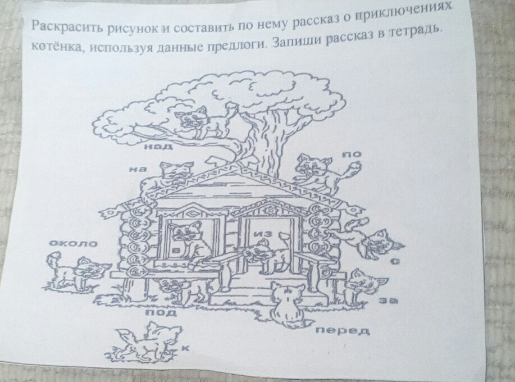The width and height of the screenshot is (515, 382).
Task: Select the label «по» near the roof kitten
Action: [x=355, y=153]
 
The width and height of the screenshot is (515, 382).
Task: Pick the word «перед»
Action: [x=340, y=330]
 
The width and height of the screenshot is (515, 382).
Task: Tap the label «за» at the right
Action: [x=385, y=302]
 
